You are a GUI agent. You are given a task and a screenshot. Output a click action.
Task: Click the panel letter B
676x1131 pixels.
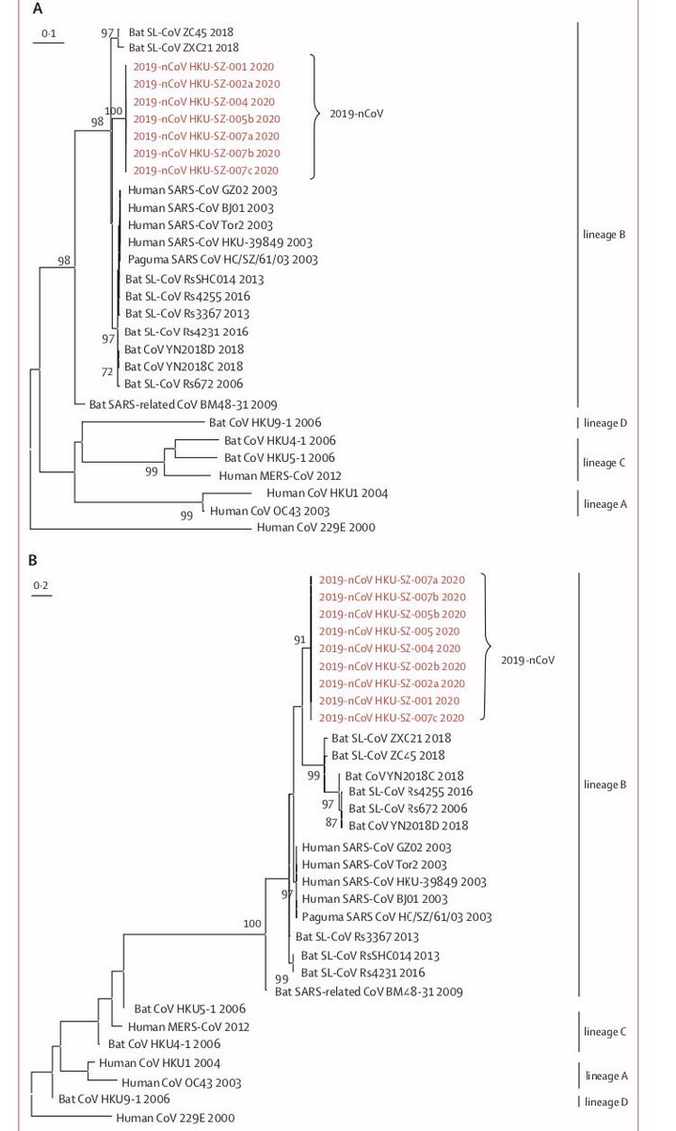pyautogui.click(x=33, y=561)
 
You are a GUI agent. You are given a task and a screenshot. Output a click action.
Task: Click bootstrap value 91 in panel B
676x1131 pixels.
pyautogui.click(x=300, y=641)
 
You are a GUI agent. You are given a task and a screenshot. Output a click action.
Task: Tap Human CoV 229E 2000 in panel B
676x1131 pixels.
pyautogui.click(x=174, y=1119)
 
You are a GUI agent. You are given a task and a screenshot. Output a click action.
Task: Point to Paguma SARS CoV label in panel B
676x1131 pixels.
pyautogui.click(x=395, y=916)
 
